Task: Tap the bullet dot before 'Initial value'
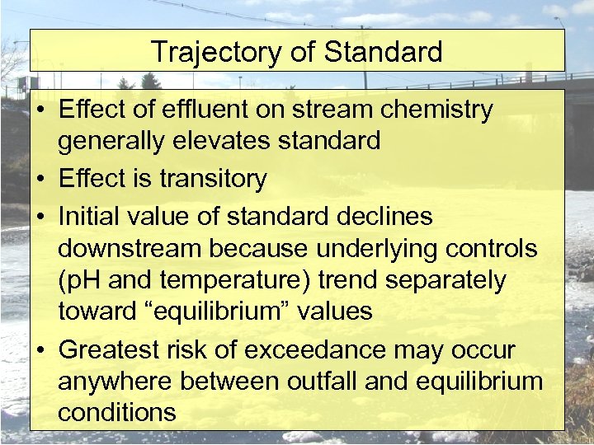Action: point(40,217)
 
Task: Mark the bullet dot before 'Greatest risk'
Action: point(40,350)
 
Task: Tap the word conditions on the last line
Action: point(116,412)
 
